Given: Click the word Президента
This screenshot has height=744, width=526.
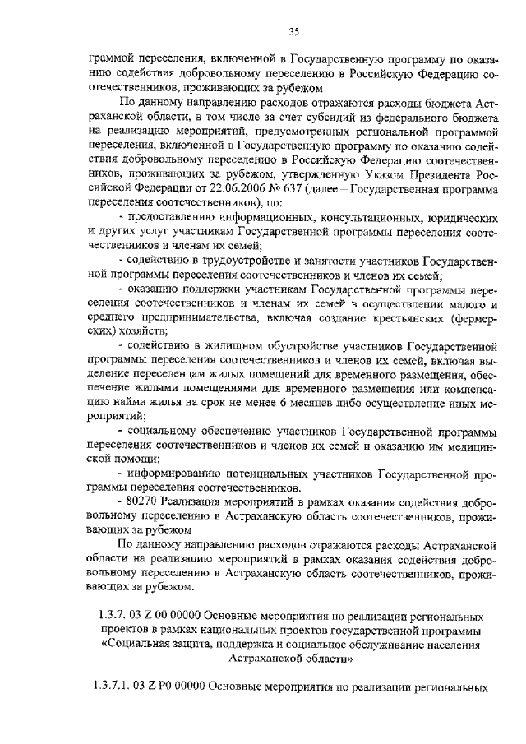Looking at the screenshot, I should click(430, 175).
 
